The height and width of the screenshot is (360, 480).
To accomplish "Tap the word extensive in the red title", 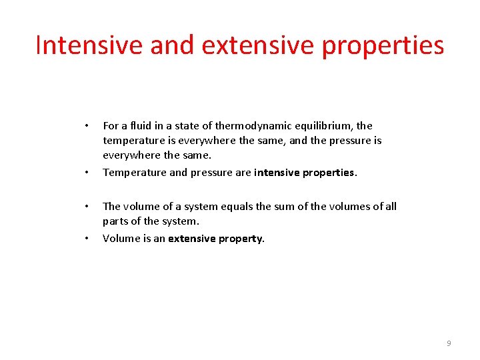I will (x=256, y=45).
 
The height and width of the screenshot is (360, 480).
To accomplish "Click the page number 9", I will (x=449, y=343).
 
